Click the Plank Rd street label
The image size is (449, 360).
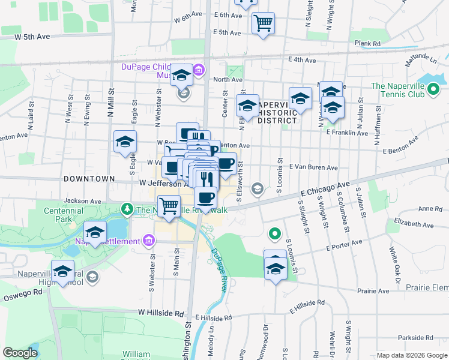click(367, 44)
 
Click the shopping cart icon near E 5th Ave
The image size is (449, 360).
click(263, 23)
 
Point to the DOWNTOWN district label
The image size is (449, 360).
click(89, 179)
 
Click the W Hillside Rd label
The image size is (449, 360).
click(160, 313)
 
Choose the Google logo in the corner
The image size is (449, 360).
click(20, 353)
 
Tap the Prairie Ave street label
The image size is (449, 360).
click(373, 290)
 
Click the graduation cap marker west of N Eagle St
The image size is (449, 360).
click(125, 142)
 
